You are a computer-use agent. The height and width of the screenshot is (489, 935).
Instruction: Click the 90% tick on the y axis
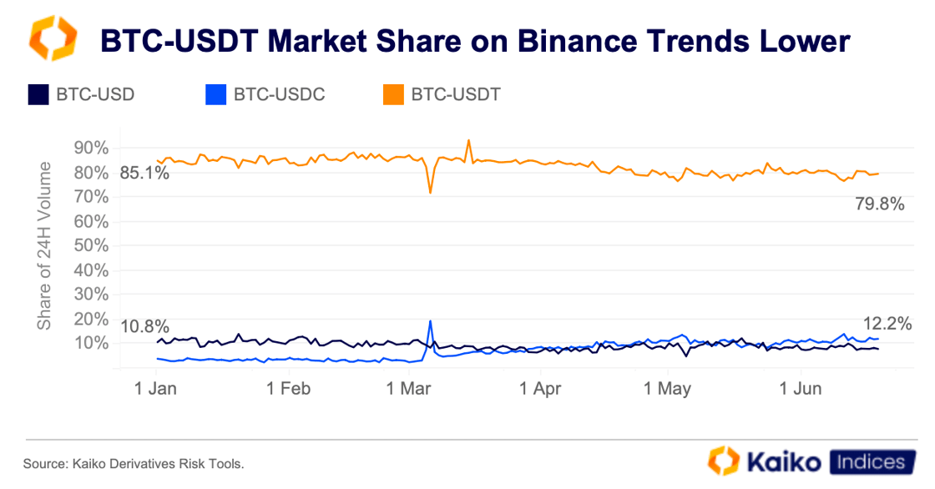click(x=91, y=149)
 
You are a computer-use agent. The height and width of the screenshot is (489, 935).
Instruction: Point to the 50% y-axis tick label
click(x=91, y=246)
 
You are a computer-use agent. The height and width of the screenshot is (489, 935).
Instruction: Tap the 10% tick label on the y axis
click(x=91, y=343)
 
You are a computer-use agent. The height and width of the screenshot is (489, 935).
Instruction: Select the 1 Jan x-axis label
click(x=155, y=389)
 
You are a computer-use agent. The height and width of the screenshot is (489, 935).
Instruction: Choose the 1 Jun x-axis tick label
click(x=801, y=389)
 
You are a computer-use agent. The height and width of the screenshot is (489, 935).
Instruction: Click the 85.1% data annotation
click(x=144, y=174)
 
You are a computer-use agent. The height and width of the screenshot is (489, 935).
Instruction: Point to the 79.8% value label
click(x=880, y=203)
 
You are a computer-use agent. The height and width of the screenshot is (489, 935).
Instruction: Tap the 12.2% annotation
click(x=887, y=324)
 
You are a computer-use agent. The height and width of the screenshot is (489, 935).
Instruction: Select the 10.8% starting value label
click(x=144, y=326)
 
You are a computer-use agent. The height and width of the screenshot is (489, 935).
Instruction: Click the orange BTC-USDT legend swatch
click(x=393, y=94)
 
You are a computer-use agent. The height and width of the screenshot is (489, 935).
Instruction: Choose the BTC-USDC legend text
click(x=279, y=94)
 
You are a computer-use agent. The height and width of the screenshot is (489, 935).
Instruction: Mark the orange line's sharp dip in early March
click(x=430, y=193)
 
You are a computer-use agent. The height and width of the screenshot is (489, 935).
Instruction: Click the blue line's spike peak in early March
click(x=430, y=321)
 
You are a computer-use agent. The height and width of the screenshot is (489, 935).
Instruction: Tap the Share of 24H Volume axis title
click(x=45, y=246)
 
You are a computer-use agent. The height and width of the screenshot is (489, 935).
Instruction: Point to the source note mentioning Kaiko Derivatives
click(x=134, y=463)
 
